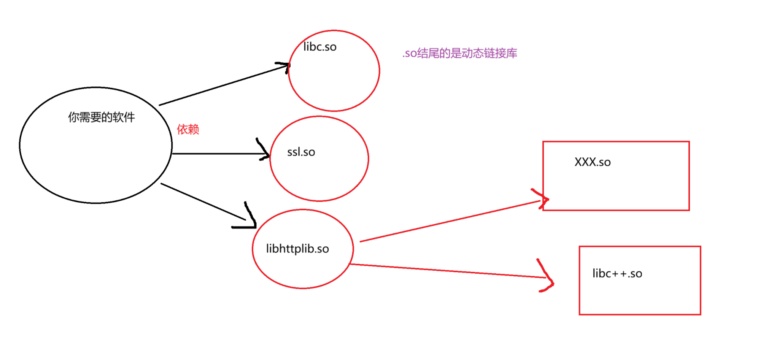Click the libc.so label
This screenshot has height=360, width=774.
click(x=320, y=47)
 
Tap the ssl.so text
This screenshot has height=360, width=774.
click(x=301, y=152)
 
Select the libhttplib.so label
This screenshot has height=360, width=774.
click(x=297, y=249)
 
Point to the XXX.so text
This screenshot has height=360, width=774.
click(x=592, y=162)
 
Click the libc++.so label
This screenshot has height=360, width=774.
click(x=617, y=273)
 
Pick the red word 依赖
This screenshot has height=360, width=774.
click(x=188, y=129)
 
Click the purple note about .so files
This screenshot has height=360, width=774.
click(x=459, y=53)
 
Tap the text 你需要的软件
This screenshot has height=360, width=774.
click(x=101, y=117)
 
